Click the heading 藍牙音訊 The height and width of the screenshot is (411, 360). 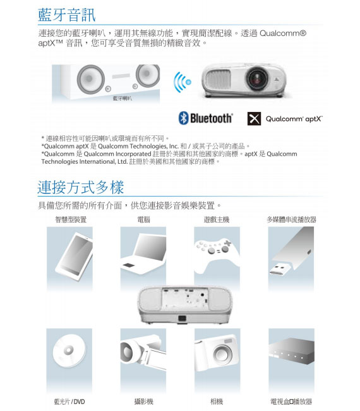click(67, 15)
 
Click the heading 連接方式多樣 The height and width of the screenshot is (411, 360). click(81, 187)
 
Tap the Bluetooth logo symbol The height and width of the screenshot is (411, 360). click(183, 118)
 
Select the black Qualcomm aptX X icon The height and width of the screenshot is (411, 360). click(254, 118)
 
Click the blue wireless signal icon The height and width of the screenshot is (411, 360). click(183, 82)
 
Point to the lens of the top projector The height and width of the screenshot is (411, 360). click(257, 78)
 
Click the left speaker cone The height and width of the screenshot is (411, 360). click(90, 79)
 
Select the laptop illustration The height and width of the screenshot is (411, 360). click(143, 254)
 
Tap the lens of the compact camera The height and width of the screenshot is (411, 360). click(222, 354)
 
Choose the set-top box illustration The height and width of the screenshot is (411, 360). click(291, 351)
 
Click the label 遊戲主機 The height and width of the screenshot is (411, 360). click(217, 219)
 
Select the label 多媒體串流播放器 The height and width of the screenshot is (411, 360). click(291, 219)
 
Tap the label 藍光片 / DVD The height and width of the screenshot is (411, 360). click(69, 402)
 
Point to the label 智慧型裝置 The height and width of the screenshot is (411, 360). click(71, 219)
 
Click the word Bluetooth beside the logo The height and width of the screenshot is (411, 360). click(211, 118)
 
